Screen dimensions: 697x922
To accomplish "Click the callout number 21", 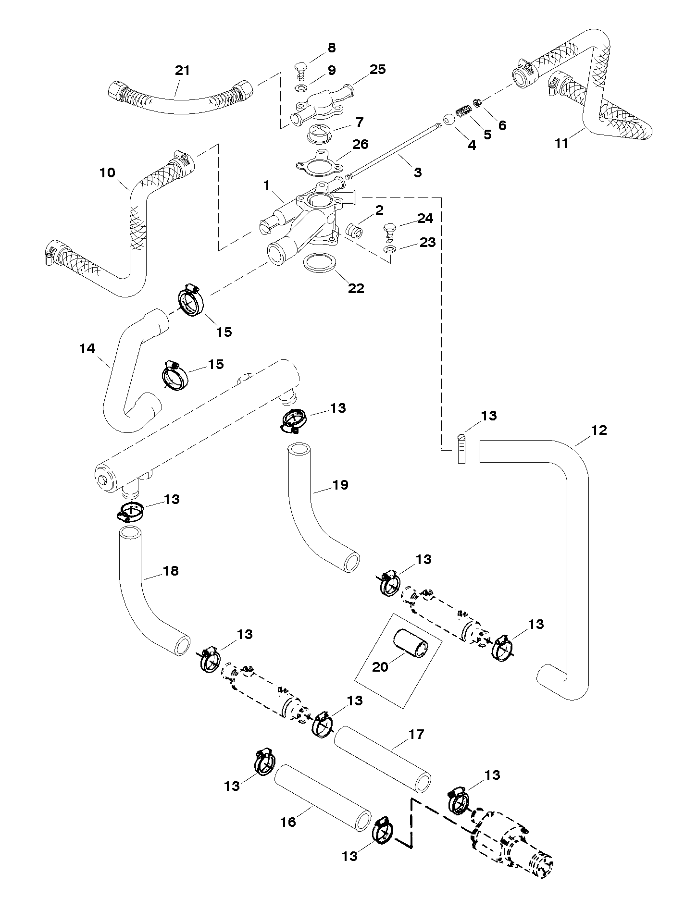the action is point(182,70).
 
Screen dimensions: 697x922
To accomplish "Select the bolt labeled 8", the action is point(301,69).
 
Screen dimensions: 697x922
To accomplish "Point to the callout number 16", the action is point(288,822).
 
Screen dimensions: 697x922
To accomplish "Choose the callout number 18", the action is point(171,571).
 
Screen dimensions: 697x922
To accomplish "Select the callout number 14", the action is point(87,349).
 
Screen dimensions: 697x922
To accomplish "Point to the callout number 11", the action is point(561,143).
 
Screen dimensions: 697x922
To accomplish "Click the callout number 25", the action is point(378,69).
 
